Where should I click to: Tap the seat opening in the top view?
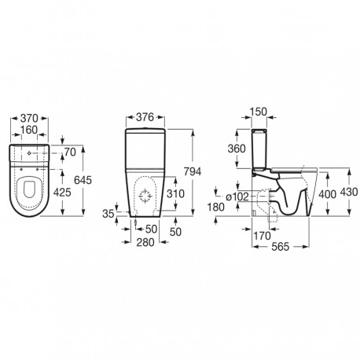pos(31,189)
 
